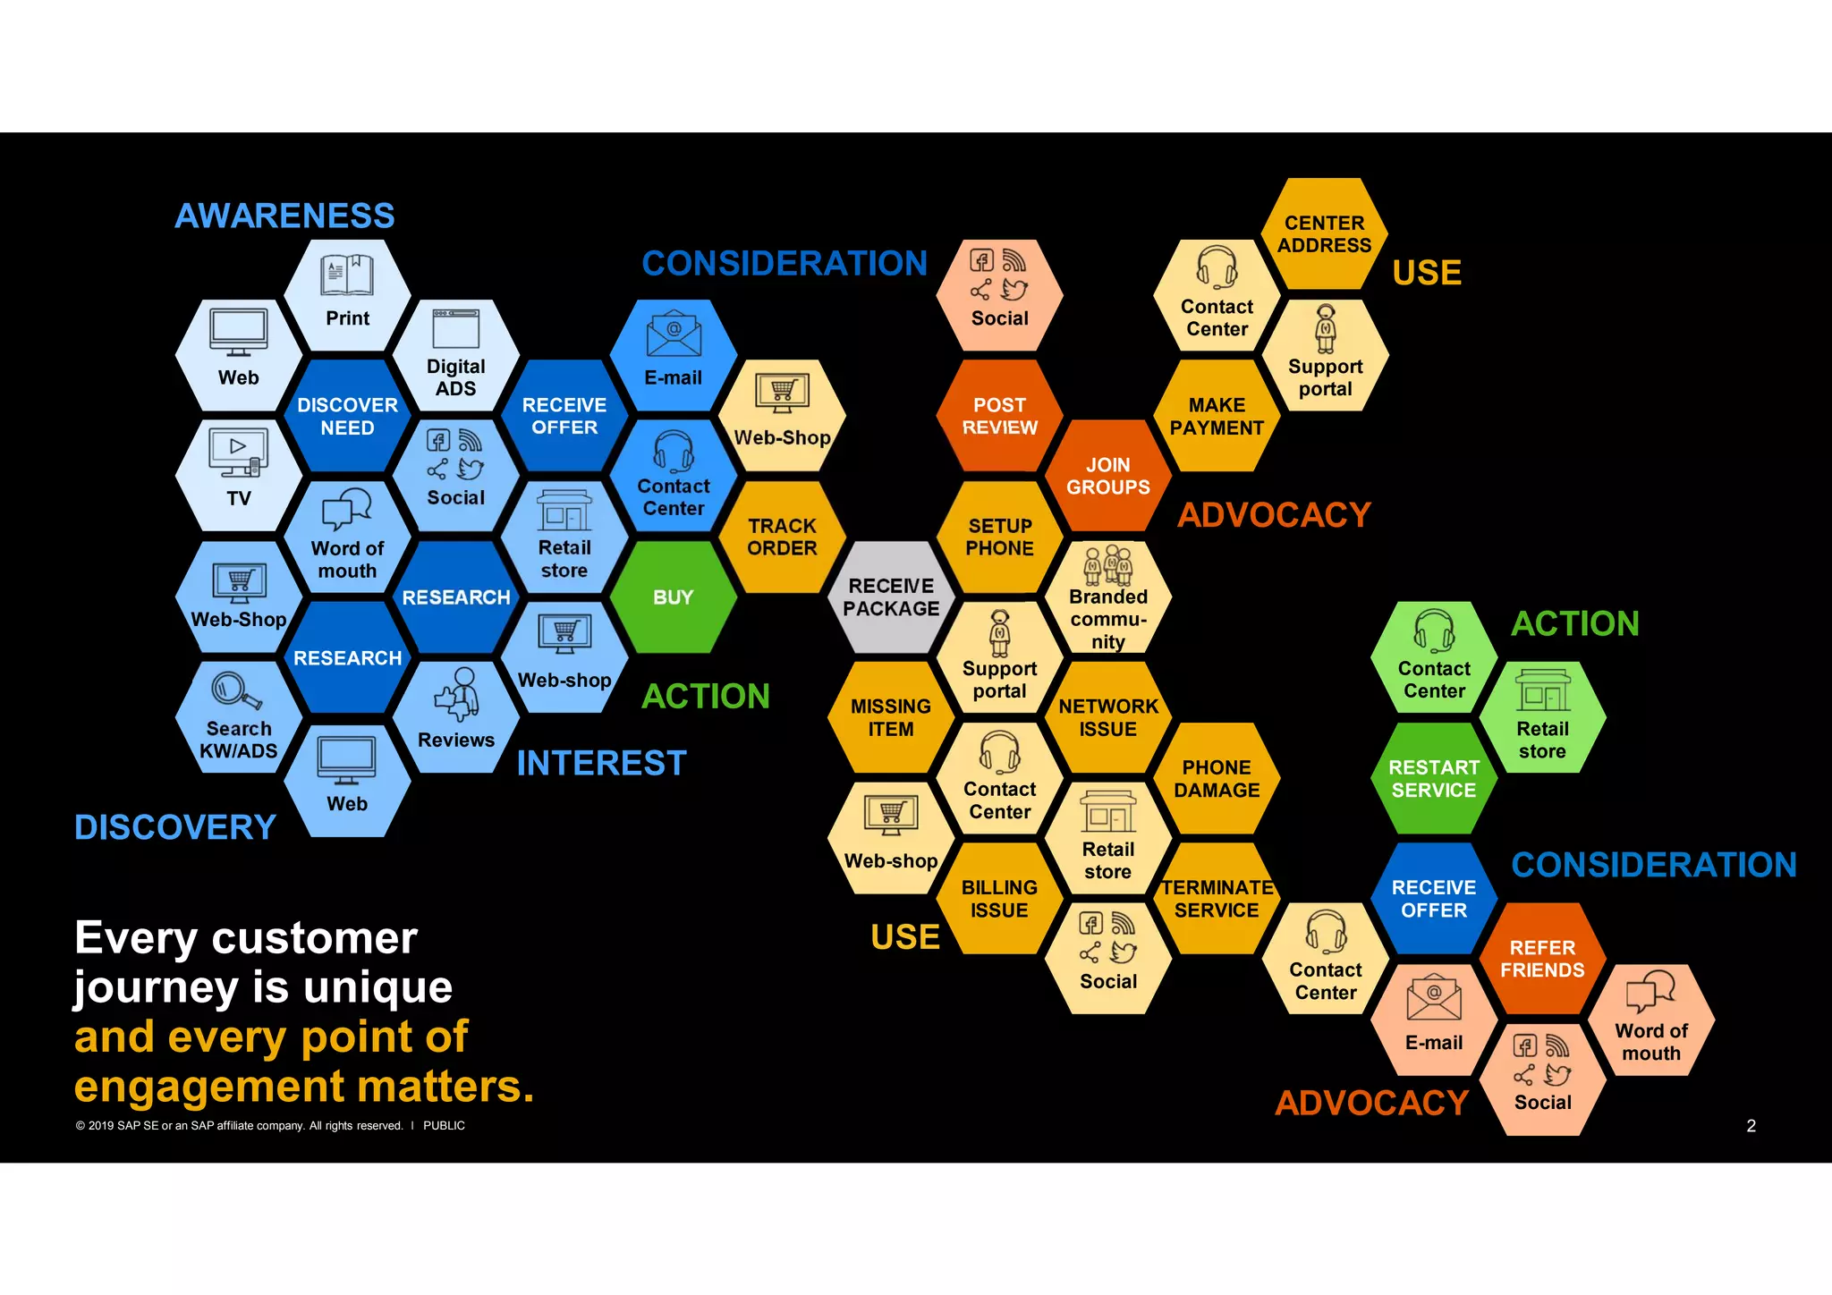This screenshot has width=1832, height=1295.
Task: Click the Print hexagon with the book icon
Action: pos(347,295)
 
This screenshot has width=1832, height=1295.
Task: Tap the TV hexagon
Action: pos(238,476)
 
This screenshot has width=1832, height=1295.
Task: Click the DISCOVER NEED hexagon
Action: pos(347,416)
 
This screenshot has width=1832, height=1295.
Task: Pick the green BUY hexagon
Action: pos(673,597)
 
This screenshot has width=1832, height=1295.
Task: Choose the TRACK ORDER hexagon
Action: pos(782,537)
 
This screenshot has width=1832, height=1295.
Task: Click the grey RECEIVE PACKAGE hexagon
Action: pos(891,597)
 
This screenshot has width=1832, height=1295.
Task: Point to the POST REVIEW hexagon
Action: pos(999,416)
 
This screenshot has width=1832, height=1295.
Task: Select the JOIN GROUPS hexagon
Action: pos(1108,476)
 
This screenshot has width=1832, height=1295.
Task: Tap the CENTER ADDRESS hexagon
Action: pos(1324,233)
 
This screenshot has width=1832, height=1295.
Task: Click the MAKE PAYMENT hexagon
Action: pos(1217,416)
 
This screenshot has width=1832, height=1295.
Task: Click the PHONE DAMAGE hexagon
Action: pos(1217,778)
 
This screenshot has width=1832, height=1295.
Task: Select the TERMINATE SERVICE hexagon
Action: pos(1217,898)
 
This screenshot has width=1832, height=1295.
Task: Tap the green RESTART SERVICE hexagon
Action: pos(1434,778)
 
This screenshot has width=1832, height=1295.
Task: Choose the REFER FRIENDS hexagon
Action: pos(1542,958)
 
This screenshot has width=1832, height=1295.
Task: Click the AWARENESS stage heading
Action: pos(284,216)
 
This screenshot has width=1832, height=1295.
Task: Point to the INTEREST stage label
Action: pos(601,763)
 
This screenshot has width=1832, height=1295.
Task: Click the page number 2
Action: pos(1751,1126)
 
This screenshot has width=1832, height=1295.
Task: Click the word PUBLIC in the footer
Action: pos(444,1126)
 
